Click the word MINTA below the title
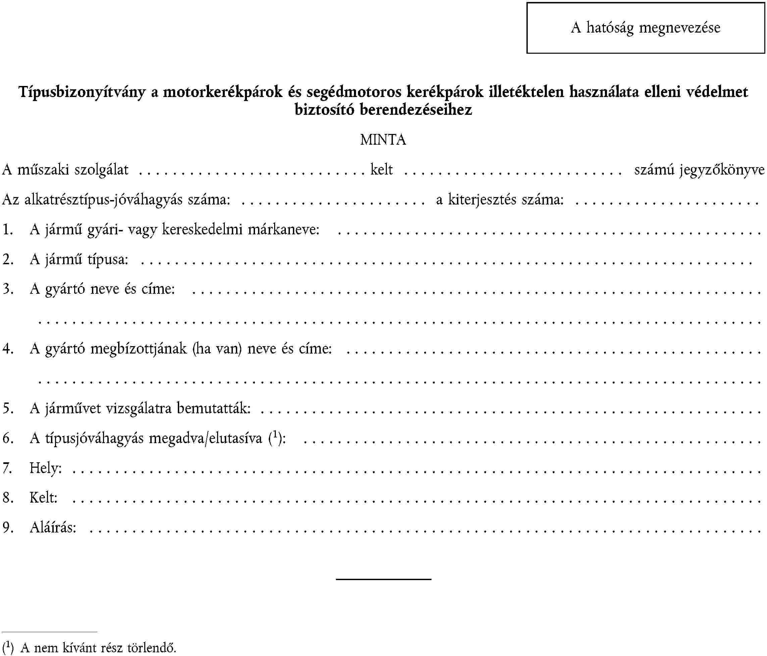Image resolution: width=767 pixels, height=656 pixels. [383, 140]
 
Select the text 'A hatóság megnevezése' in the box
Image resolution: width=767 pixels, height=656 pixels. [646, 28]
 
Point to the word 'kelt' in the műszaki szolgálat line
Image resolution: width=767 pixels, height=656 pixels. [381, 170]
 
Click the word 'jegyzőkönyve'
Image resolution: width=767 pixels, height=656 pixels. [721, 170]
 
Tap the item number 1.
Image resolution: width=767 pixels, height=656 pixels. [8, 230]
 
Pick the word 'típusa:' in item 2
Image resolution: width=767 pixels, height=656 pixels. [108, 259]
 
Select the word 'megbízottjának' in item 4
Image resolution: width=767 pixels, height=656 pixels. [139, 348]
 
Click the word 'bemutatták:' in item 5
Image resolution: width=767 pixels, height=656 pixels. [214, 408]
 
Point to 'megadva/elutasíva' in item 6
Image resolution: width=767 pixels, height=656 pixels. [205, 438]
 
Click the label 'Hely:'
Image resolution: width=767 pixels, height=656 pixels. [46, 468]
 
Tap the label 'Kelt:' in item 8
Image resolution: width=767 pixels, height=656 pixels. [44, 498]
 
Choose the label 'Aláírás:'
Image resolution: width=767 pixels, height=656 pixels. [53, 527]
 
